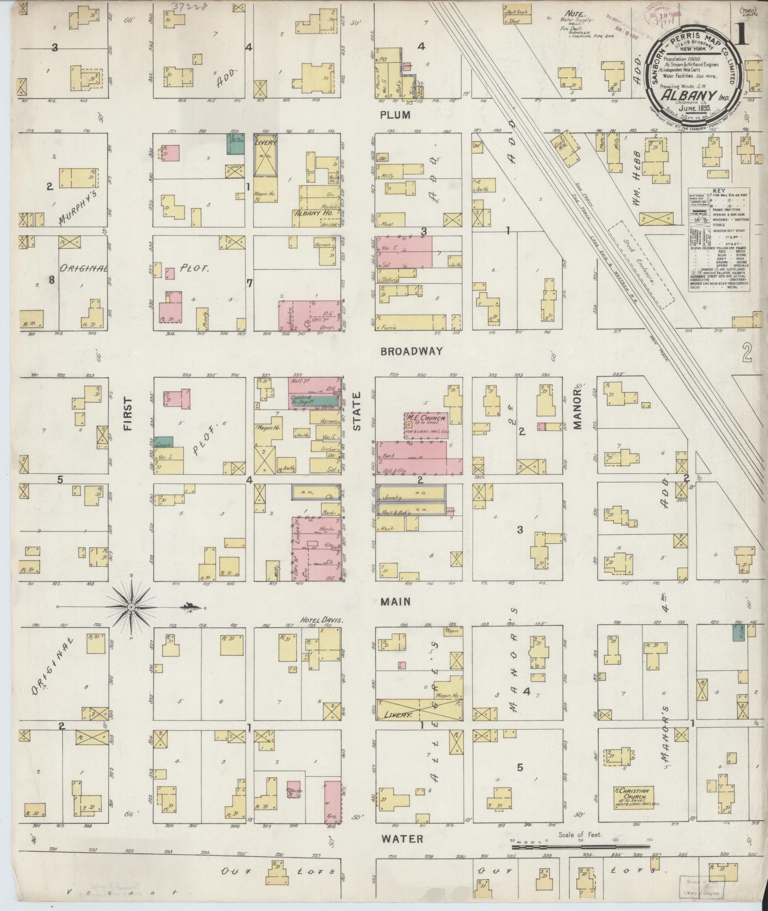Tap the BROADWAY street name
tap(412, 351)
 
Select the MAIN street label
tap(396, 602)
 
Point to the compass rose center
tap(131, 607)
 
